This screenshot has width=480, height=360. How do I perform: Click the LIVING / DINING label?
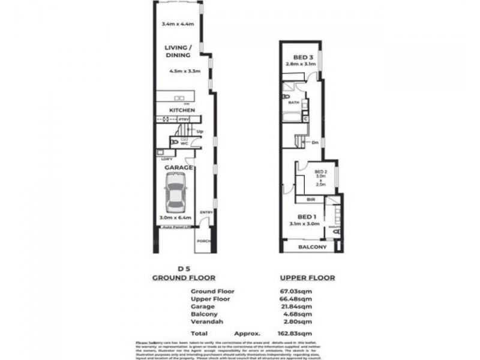click(178, 51)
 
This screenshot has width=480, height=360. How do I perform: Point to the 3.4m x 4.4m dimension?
click(178, 25)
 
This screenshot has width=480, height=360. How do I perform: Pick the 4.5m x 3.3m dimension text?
click(185, 71)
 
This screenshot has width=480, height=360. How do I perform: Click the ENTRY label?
click(205, 212)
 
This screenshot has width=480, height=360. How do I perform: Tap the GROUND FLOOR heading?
click(178, 278)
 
